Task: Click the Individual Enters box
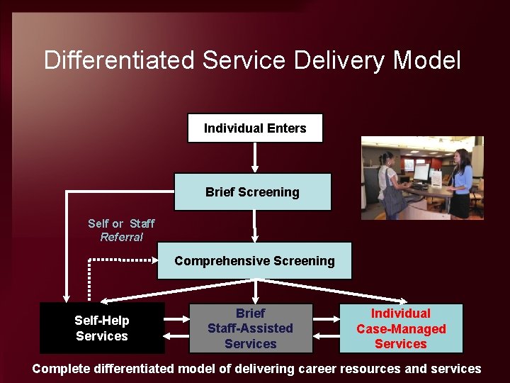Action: coord(255,128)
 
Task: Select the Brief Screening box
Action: coord(252,192)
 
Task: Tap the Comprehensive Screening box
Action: coord(254,261)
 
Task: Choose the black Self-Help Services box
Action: coord(102,328)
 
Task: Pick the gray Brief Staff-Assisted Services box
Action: coord(250,328)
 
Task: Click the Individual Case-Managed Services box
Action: coord(401,328)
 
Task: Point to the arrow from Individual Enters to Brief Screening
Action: coord(254,158)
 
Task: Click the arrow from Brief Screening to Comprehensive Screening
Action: coord(255,226)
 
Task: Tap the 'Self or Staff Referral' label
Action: coord(121,231)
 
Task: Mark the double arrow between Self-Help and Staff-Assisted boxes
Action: coord(176,328)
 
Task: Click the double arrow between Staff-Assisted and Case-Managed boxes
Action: coord(326,328)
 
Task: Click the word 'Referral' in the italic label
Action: coord(122,238)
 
